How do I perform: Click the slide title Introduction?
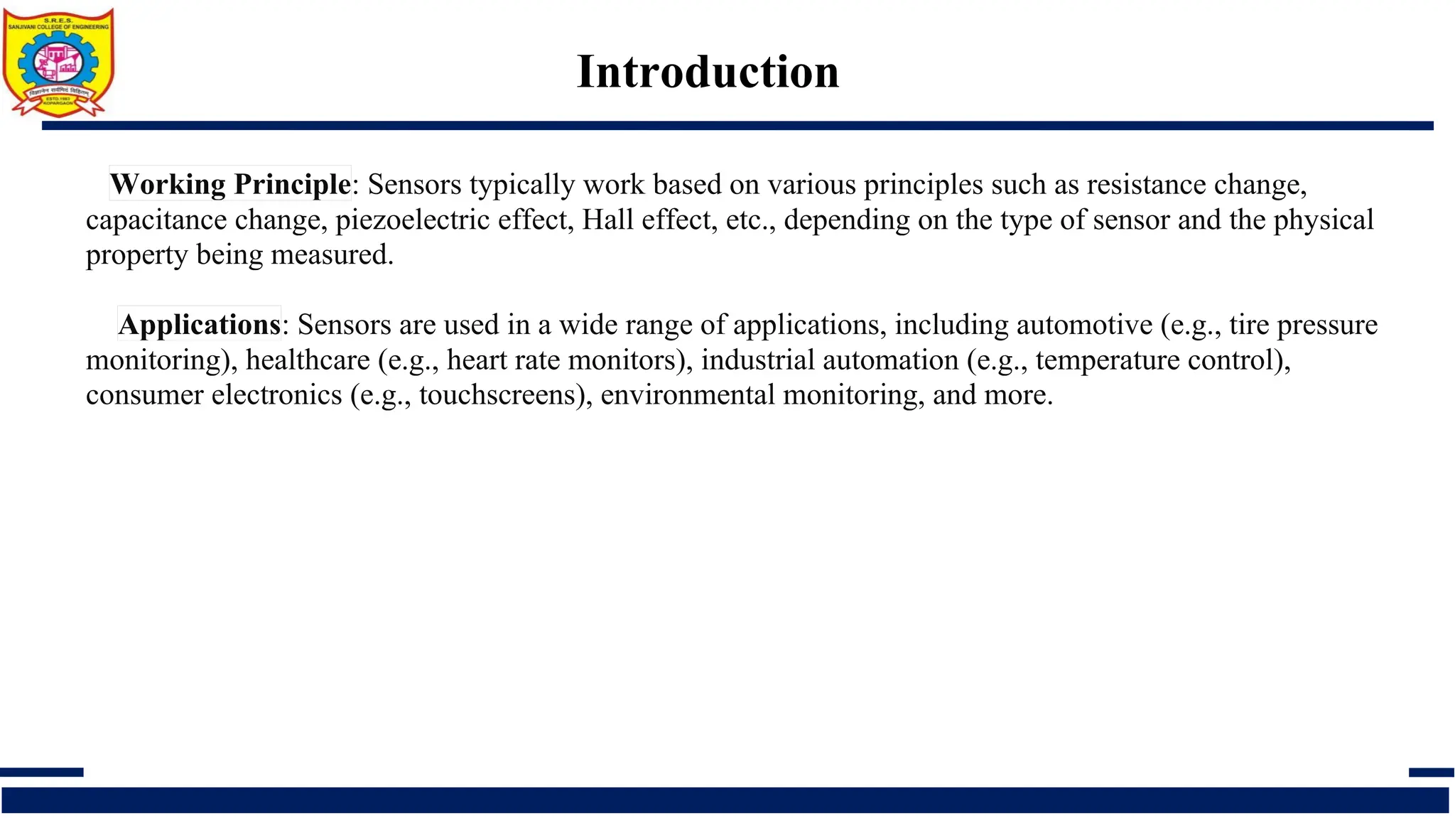[x=708, y=72]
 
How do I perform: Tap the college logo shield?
[x=58, y=62]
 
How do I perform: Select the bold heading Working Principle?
[x=230, y=184]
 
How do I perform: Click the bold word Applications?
[x=200, y=325]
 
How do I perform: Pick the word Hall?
[x=604, y=220]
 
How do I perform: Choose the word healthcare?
[x=308, y=360]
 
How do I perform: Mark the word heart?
[x=477, y=360]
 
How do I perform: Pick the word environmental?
[x=687, y=394]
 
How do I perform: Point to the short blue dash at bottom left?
[x=41, y=772]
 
